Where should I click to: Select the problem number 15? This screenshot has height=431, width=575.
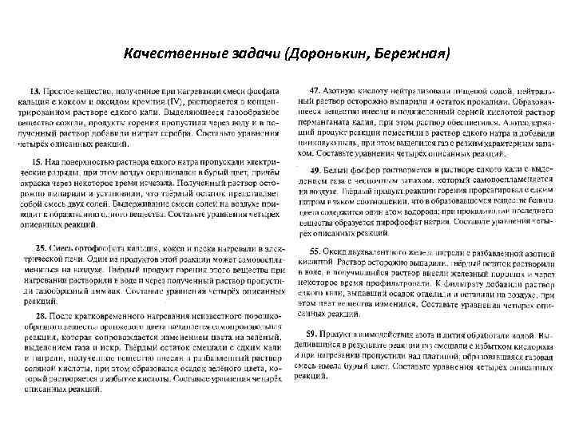coord(37,161)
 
